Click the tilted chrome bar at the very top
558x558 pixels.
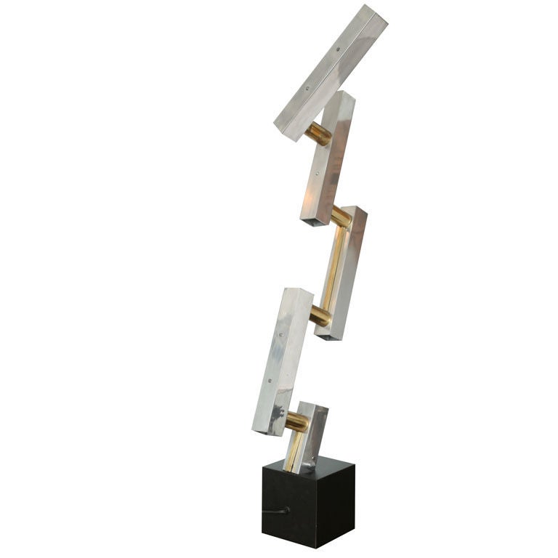[331, 73]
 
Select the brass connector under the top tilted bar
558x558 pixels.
[318, 134]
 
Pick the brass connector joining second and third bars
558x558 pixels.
[341, 216]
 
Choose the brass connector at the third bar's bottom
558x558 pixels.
[319, 315]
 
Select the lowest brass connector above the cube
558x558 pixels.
[296, 421]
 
